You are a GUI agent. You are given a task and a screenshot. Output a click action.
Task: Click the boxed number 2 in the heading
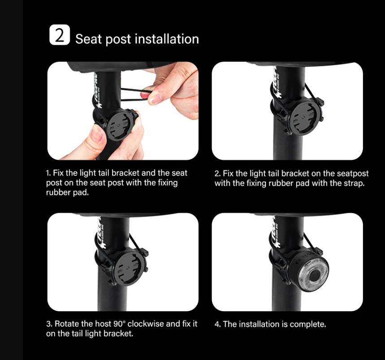[59, 36]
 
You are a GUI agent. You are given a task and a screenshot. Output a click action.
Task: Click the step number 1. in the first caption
[48, 173]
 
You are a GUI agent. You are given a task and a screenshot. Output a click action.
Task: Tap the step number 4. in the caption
[217, 324]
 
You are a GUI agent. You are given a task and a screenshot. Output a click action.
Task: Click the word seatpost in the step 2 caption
[353, 173]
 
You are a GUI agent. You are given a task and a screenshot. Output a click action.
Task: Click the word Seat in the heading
[89, 39]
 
